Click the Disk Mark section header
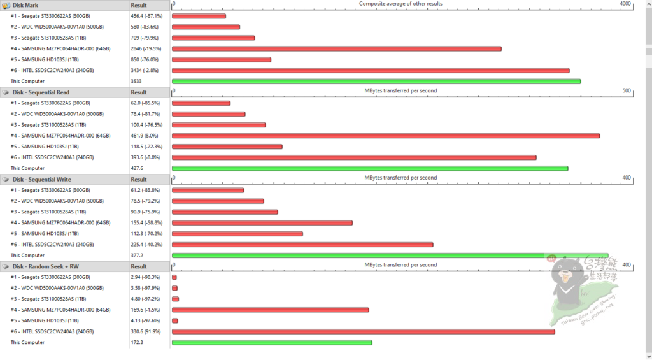25,4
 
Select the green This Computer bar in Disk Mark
376,81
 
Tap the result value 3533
136,82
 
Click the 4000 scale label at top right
625,4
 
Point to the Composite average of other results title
400,4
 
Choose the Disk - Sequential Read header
41,92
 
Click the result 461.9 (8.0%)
145,136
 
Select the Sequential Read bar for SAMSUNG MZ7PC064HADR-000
385,136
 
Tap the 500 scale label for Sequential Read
626,91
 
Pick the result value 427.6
137,168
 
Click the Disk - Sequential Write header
41,179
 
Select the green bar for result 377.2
390,256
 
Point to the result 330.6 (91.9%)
145,331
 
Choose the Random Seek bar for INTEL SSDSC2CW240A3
363,331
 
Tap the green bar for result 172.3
271,342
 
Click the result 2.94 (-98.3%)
145,277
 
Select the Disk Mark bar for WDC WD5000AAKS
206,27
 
